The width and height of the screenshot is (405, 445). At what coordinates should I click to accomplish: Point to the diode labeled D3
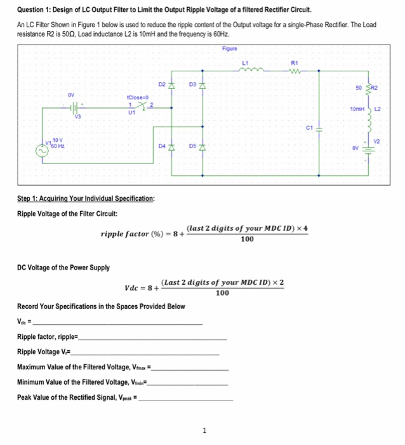click(202, 86)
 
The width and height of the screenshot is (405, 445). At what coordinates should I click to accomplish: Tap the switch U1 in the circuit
click(140, 106)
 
